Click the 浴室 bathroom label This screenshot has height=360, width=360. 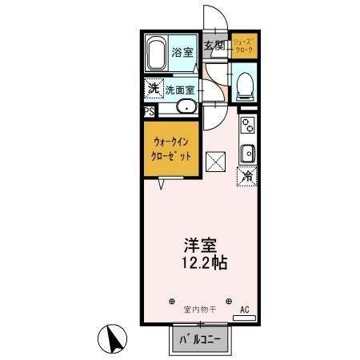(182, 53)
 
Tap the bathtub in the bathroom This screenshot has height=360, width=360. (158, 54)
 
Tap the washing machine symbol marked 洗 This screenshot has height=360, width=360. (153, 88)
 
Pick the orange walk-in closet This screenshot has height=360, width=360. (171, 150)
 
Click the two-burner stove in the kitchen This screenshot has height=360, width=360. (247, 125)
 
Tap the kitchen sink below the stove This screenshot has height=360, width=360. (248, 152)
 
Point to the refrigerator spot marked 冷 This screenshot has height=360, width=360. (247, 176)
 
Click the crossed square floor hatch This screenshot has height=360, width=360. (217, 162)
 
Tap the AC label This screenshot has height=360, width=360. (246, 308)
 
